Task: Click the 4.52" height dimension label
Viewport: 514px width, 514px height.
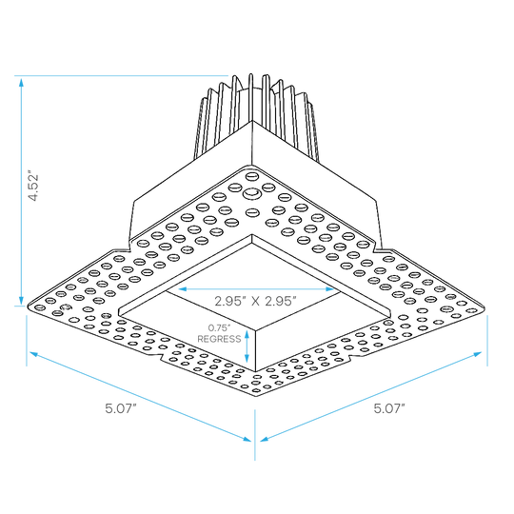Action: [x=33, y=186]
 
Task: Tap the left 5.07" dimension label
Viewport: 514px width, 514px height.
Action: [x=121, y=408]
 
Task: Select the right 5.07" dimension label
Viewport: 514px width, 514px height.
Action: [x=389, y=408]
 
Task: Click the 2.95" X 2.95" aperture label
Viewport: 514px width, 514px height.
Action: [x=255, y=301]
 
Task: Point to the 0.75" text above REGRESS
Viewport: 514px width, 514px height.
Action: [x=220, y=327]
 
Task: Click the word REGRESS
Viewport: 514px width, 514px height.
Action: [x=219, y=339]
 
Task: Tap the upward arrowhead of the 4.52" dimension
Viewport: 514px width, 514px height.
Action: [x=21, y=82]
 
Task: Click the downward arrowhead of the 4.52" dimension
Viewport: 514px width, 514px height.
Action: [x=21, y=300]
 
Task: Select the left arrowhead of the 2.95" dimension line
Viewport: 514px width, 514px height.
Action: [x=183, y=289]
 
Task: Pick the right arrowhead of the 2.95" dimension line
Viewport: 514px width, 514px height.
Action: [x=329, y=289]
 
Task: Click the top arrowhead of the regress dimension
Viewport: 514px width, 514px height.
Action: [x=247, y=335]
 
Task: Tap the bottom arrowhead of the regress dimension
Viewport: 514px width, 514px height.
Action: [x=247, y=358]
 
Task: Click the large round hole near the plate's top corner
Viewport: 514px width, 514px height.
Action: [x=251, y=194]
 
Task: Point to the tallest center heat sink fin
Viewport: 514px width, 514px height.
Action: [x=251, y=98]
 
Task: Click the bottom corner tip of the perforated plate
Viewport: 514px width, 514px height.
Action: [x=255, y=395]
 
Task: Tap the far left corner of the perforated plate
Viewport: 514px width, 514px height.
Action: [x=28, y=306]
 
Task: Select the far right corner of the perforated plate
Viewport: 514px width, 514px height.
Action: [x=484, y=307]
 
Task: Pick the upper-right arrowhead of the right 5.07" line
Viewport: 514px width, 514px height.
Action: [x=477, y=354]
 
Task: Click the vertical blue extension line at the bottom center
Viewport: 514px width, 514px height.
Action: [x=255, y=435]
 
